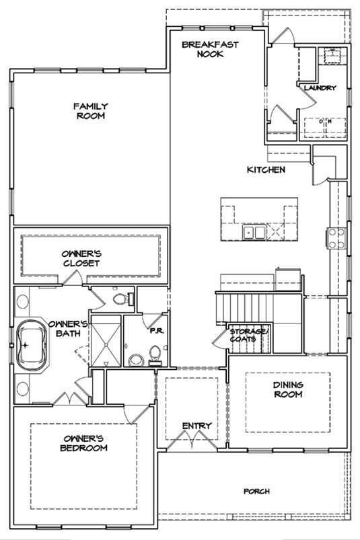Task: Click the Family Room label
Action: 91,111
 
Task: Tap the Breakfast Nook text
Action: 210,49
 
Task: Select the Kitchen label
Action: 266,169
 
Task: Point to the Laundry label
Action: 320,88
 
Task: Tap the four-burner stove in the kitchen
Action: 336,238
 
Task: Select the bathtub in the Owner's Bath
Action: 32,346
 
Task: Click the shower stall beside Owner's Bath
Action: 106,340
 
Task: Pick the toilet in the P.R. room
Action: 155,356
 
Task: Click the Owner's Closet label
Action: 81,258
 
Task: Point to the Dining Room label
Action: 289,389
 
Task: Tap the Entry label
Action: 196,426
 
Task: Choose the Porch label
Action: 256,491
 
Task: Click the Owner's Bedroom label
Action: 83,443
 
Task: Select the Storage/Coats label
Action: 248,335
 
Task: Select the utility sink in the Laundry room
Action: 332,55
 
